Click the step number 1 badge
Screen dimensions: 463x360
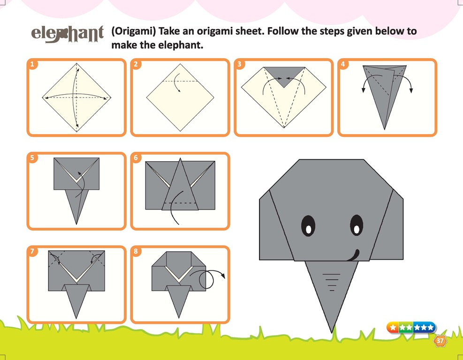coord(32,64)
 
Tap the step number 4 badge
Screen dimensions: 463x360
coord(343,64)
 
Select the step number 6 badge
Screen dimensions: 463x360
coord(136,157)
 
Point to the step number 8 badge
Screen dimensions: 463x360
coord(136,251)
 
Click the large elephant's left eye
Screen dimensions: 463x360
coord(308,226)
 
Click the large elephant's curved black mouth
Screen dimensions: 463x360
coord(353,255)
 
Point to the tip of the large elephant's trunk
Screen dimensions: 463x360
coord(332,333)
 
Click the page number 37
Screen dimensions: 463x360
coord(440,341)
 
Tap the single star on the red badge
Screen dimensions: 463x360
coord(393,328)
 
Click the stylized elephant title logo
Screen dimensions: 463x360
coord(68,34)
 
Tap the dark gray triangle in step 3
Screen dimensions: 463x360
coord(284,75)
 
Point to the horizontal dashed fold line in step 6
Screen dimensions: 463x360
coord(180,203)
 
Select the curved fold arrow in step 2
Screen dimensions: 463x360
coord(176,82)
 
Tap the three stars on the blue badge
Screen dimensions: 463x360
coord(424,328)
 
